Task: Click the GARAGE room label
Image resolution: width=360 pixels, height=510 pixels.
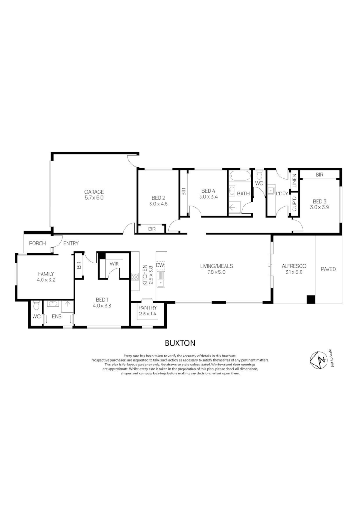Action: (94, 191)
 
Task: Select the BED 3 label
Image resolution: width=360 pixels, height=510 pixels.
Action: (319, 200)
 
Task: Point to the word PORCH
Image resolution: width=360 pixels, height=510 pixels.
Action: (37, 243)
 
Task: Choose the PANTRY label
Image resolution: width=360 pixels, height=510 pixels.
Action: (148, 307)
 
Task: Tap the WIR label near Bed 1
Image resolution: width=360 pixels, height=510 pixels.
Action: (114, 264)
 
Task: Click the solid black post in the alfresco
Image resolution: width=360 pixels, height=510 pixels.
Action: (310, 299)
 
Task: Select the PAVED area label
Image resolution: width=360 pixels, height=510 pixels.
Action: (328, 269)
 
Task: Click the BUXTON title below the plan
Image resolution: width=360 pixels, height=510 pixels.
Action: (180, 343)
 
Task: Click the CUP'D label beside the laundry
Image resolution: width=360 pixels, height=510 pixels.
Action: (294, 206)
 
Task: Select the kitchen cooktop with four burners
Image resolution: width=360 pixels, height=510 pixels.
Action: (134, 277)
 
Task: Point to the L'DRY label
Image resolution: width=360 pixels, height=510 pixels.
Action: (282, 194)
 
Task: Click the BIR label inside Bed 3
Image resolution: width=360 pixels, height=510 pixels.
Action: (319, 175)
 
